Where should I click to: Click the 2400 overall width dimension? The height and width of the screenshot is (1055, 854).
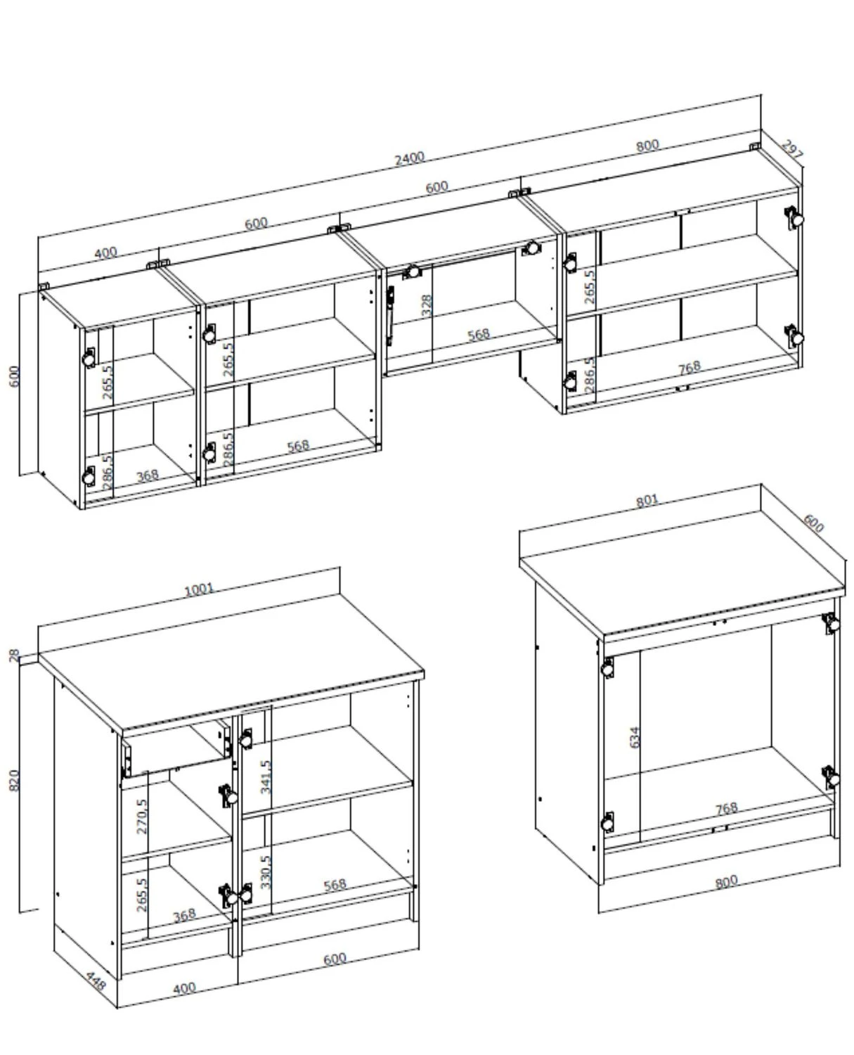click(409, 158)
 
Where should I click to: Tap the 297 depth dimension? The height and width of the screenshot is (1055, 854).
click(791, 150)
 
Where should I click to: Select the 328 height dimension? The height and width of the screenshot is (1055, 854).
click(426, 306)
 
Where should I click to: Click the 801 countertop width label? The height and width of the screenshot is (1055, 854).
click(647, 500)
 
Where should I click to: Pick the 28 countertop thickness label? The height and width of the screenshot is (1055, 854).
click(14, 656)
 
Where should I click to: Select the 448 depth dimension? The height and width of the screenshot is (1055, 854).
click(96, 980)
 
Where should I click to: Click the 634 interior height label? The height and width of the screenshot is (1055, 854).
click(635, 737)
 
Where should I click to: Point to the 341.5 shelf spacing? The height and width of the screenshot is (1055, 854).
click(266, 776)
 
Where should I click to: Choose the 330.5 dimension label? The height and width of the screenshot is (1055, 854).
click(266, 871)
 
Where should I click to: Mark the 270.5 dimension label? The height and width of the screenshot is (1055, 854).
click(141, 817)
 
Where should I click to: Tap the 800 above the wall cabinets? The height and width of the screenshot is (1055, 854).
click(647, 146)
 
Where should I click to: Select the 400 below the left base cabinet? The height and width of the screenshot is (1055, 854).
click(185, 989)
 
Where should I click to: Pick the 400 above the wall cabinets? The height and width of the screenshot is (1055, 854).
click(106, 253)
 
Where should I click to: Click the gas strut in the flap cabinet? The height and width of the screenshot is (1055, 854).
click(391, 315)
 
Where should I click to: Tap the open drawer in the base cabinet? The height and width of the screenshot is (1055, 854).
click(176, 748)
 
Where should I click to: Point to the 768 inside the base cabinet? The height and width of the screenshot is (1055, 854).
click(726, 809)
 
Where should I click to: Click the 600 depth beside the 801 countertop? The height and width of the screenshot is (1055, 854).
click(813, 523)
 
